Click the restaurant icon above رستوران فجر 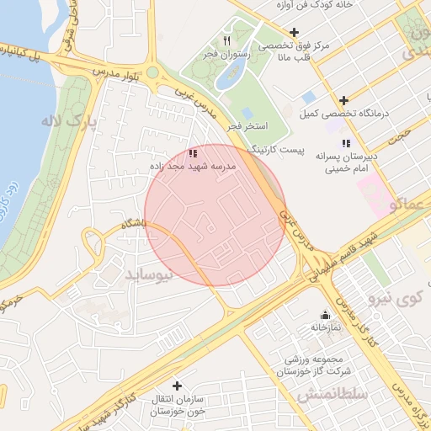tap(226, 40)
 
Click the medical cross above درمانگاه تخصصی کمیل tap(343, 99)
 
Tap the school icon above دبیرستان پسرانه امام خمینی tap(346, 143)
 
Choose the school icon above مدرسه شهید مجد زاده tap(193, 154)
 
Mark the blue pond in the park tap(227, 77)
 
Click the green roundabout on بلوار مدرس tap(152, 72)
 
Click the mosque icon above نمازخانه tap(325, 316)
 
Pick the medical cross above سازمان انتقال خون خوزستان tap(176, 385)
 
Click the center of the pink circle tap(215, 215)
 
